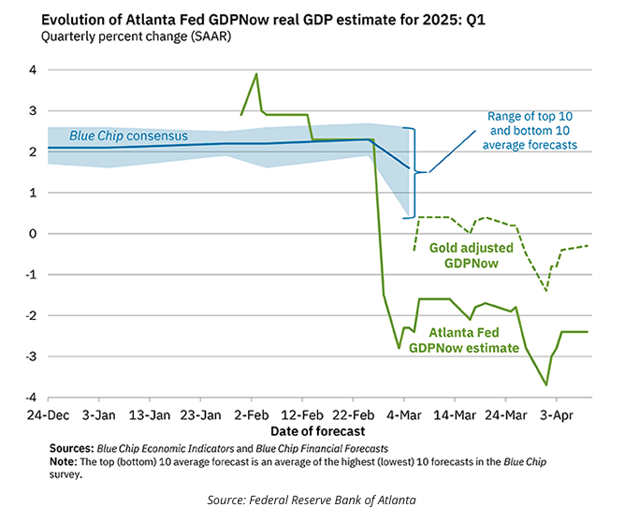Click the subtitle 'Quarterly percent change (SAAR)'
(x=131, y=36)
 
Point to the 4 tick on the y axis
(x=31, y=70)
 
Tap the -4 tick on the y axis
(x=29, y=398)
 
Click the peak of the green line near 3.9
(x=257, y=74)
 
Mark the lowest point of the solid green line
(x=546, y=384)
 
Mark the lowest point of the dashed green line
(x=546, y=291)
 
